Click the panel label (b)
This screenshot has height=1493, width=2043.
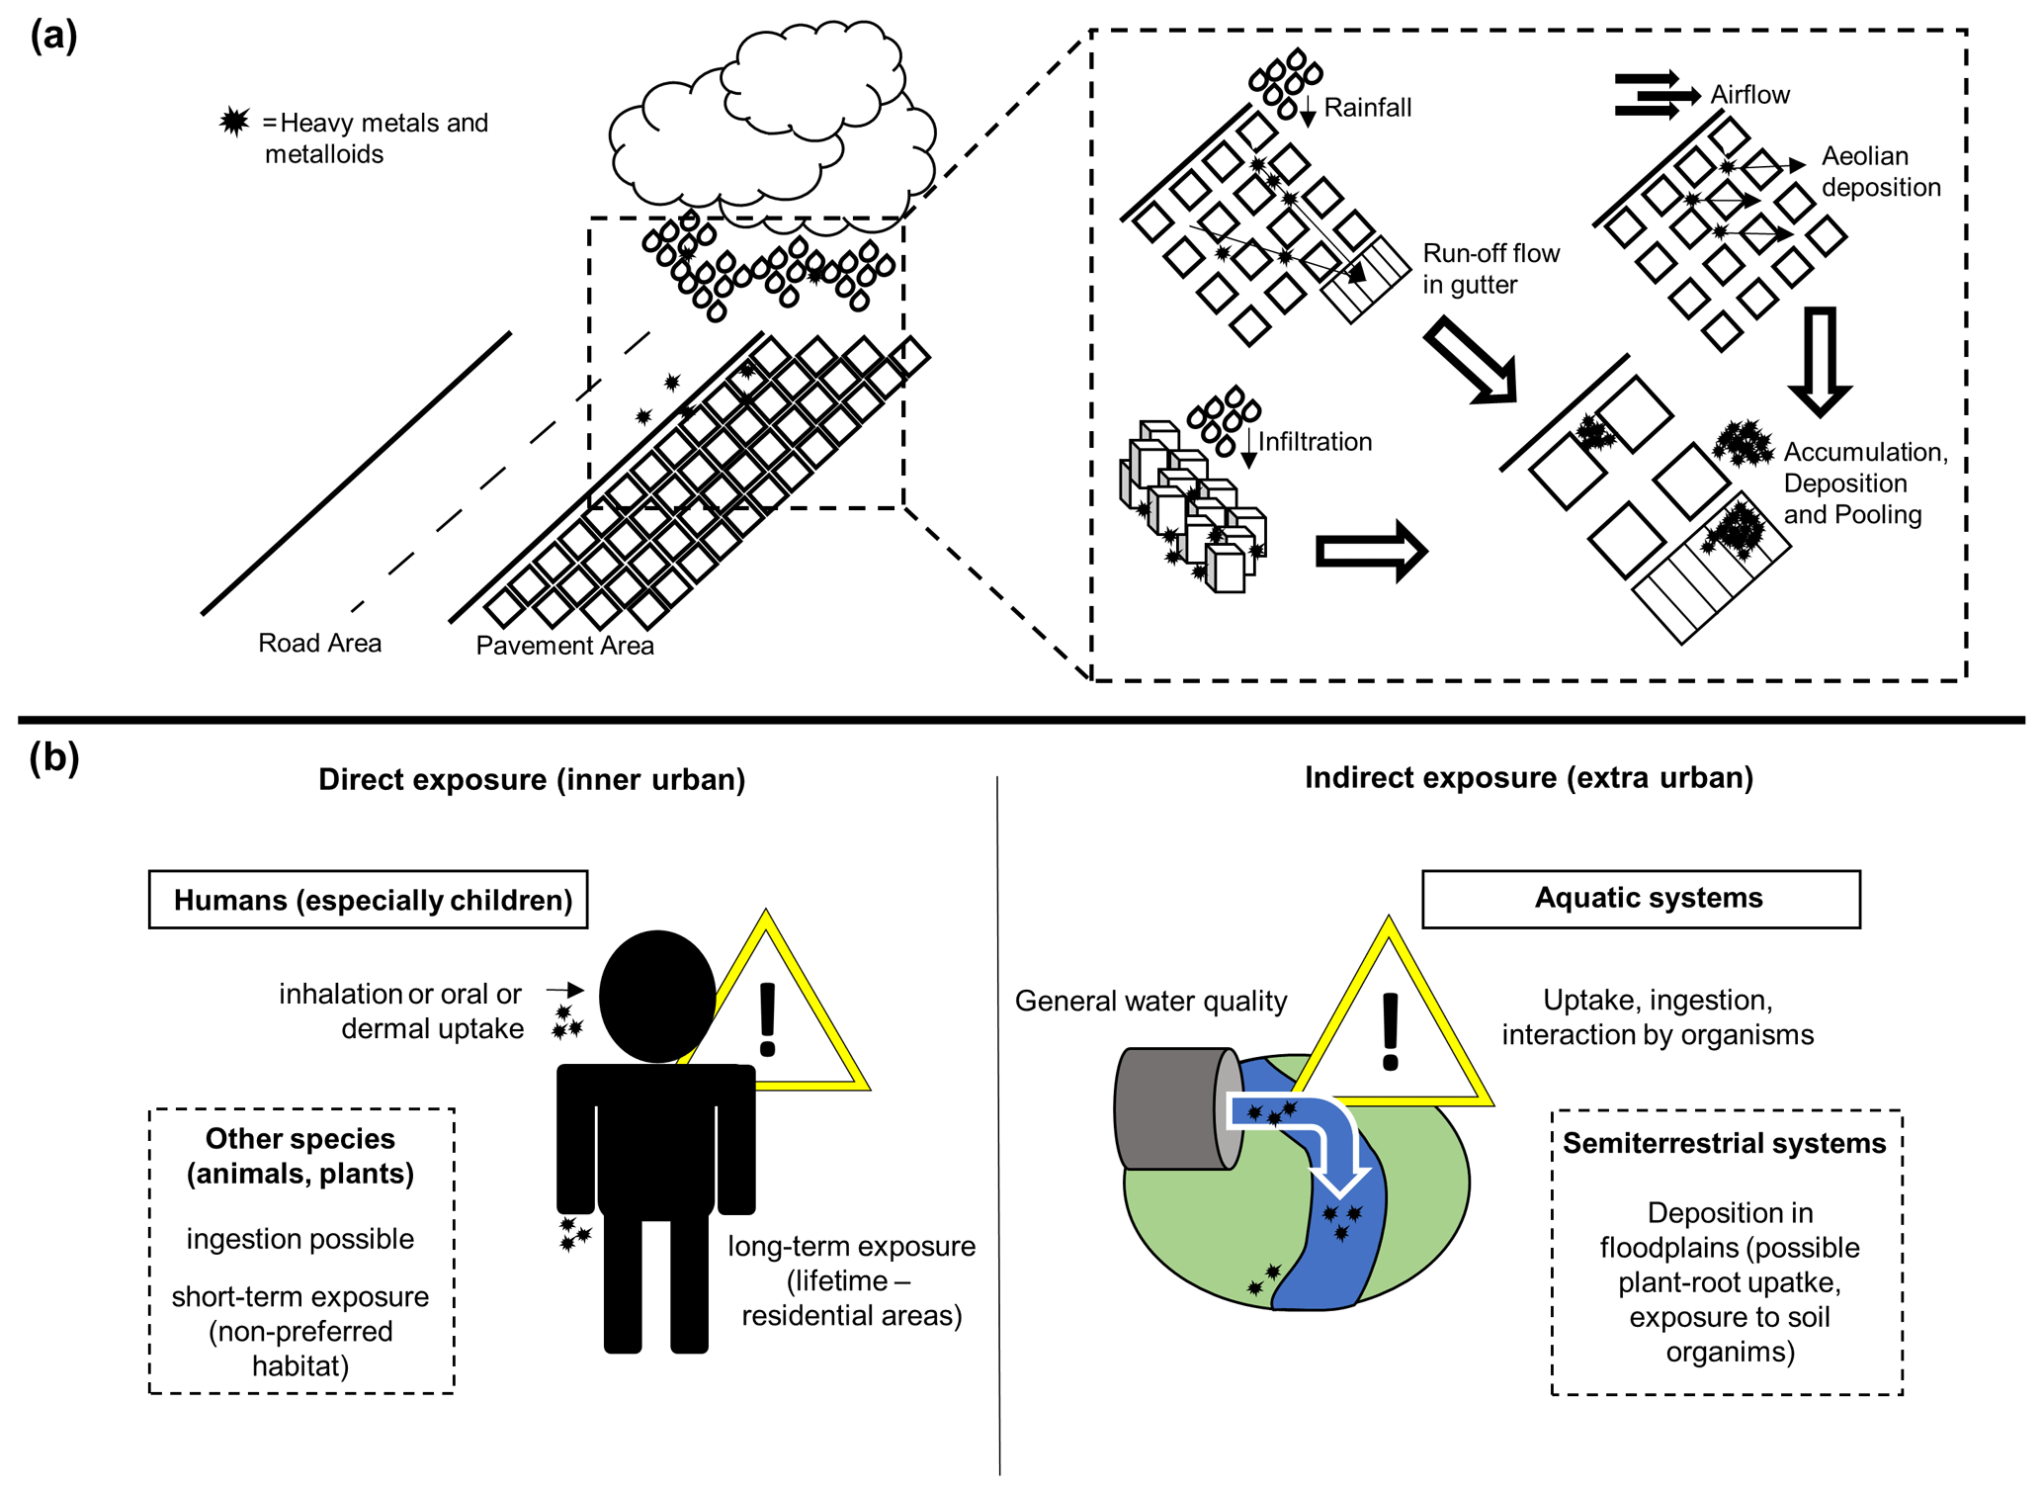point(53,758)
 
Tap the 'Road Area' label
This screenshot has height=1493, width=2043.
point(319,644)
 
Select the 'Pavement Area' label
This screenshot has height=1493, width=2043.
point(564,646)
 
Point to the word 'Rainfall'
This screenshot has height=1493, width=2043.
point(1367,108)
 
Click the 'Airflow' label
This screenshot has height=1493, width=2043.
point(1749,95)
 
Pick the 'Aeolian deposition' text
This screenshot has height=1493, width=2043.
point(1880,172)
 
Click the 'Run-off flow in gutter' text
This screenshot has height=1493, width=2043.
point(1490,269)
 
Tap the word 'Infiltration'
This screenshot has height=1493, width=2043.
point(1315,442)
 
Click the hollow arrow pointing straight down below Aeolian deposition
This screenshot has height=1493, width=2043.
point(1820,361)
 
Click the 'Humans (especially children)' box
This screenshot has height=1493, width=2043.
point(369,900)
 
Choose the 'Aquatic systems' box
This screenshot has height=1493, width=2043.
point(1641,899)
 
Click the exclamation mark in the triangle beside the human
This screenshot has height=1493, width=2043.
point(767,1020)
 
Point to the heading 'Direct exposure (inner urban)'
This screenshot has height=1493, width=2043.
point(532,780)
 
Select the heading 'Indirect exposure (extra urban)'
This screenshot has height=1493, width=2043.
point(1528,778)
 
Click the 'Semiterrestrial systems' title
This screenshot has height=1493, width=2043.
point(1724,1144)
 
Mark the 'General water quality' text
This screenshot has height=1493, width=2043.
point(1150,1002)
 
